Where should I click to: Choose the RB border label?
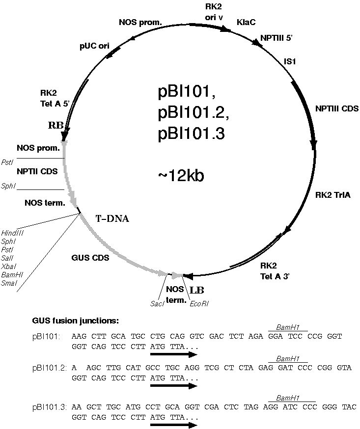point(55,125)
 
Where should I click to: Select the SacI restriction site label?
point(157,303)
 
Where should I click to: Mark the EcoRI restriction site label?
point(198,303)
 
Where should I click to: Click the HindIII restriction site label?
point(10,233)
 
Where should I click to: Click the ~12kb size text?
point(181,176)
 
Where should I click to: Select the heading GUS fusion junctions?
point(75,321)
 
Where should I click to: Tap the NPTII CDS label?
point(37,171)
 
